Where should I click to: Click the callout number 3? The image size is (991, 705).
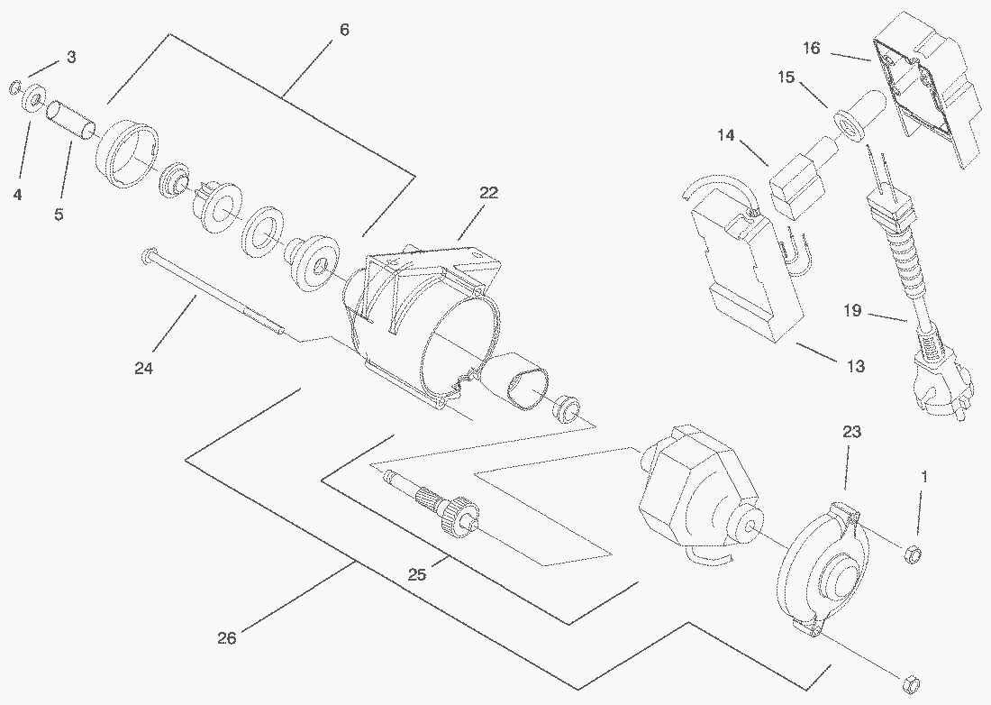[x=71, y=58]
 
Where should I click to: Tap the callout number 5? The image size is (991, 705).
[x=59, y=215]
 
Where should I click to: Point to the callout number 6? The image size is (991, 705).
[x=344, y=30]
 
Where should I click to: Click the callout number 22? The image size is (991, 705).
[x=488, y=193]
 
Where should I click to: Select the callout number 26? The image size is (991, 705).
[x=227, y=638]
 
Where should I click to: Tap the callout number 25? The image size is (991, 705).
[x=416, y=574]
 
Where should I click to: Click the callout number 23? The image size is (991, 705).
[x=851, y=433]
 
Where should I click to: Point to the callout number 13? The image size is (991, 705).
[x=855, y=366]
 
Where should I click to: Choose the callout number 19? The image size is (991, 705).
[x=852, y=312]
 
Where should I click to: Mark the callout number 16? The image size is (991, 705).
[x=812, y=48]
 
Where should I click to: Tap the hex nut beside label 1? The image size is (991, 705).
[x=911, y=553]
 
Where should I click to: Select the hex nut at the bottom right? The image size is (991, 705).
[x=910, y=680]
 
